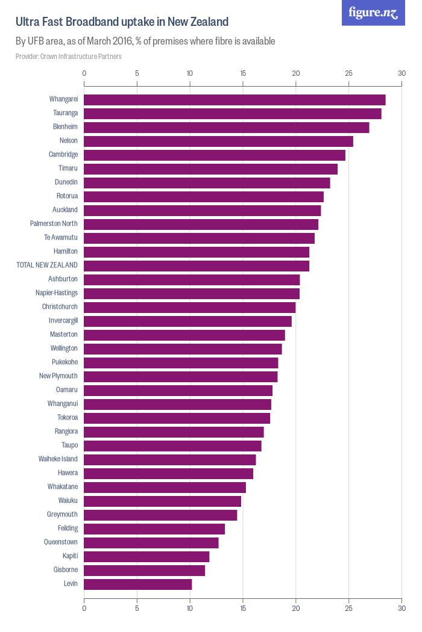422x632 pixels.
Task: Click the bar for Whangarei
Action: [x=235, y=100]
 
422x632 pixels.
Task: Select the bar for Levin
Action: [x=137, y=584]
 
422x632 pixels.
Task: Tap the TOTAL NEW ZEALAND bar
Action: [x=197, y=265]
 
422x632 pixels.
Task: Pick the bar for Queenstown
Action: [x=151, y=543]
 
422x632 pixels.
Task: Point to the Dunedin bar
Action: [x=207, y=182]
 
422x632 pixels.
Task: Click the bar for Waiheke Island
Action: [x=169, y=460]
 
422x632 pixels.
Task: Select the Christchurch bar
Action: [x=189, y=307]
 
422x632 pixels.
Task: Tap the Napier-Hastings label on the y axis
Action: [x=56, y=293]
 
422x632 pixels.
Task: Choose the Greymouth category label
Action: [x=62, y=515]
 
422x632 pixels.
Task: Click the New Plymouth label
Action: [x=58, y=376]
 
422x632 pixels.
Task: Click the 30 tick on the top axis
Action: [x=402, y=73]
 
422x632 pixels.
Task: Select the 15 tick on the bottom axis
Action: [x=243, y=609]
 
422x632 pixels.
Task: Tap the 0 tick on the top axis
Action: [x=84, y=73]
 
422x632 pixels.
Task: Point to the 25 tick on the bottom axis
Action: [x=348, y=609]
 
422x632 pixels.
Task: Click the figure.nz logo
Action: [x=373, y=13]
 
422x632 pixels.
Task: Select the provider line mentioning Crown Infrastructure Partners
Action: [x=69, y=57]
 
